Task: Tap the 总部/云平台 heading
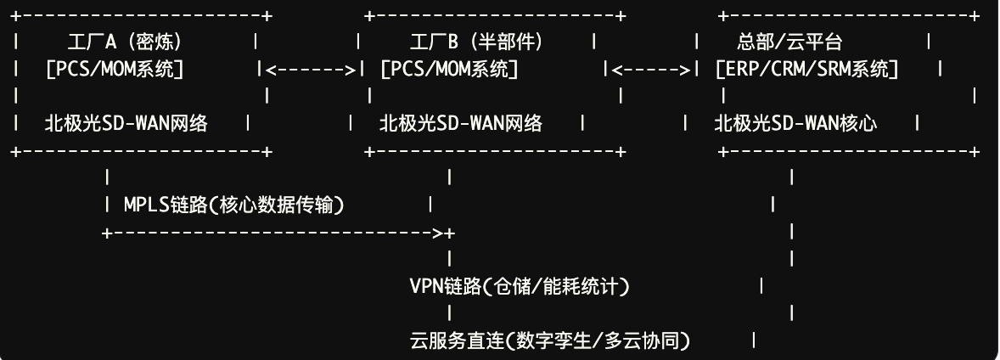790,42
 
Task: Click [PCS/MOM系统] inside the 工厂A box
115,69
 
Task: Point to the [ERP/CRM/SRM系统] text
807,69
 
